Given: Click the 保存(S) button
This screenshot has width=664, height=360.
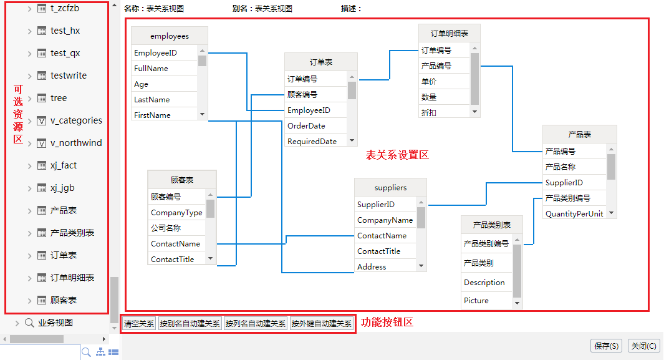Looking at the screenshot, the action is [x=607, y=346].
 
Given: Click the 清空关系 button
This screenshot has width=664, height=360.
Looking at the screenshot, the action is [x=139, y=324].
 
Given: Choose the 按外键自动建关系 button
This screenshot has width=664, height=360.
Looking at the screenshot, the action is [x=322, y=324].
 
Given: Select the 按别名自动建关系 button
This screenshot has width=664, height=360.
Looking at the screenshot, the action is [x=190, y=324].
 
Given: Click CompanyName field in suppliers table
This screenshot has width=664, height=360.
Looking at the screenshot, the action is [x=385, y=220].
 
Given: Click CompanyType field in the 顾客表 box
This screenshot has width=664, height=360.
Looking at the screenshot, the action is [x=176, y=213].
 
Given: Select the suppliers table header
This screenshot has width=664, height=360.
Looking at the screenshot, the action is [x=390, y=188].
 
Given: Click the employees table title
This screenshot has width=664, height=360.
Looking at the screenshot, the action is [x=170, y=36].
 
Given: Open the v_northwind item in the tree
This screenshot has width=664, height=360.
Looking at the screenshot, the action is [x=76, y=143].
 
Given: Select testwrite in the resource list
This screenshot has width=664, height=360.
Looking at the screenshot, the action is [x=69, y=76].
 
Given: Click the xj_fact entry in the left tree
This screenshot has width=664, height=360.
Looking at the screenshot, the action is [x=64, y=165].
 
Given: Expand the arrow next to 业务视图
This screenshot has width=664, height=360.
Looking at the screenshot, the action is [x=17, y=323].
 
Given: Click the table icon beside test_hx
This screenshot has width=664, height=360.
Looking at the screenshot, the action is [x=42, y=31].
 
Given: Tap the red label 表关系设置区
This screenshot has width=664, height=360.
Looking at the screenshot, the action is [x=397, y=155].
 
